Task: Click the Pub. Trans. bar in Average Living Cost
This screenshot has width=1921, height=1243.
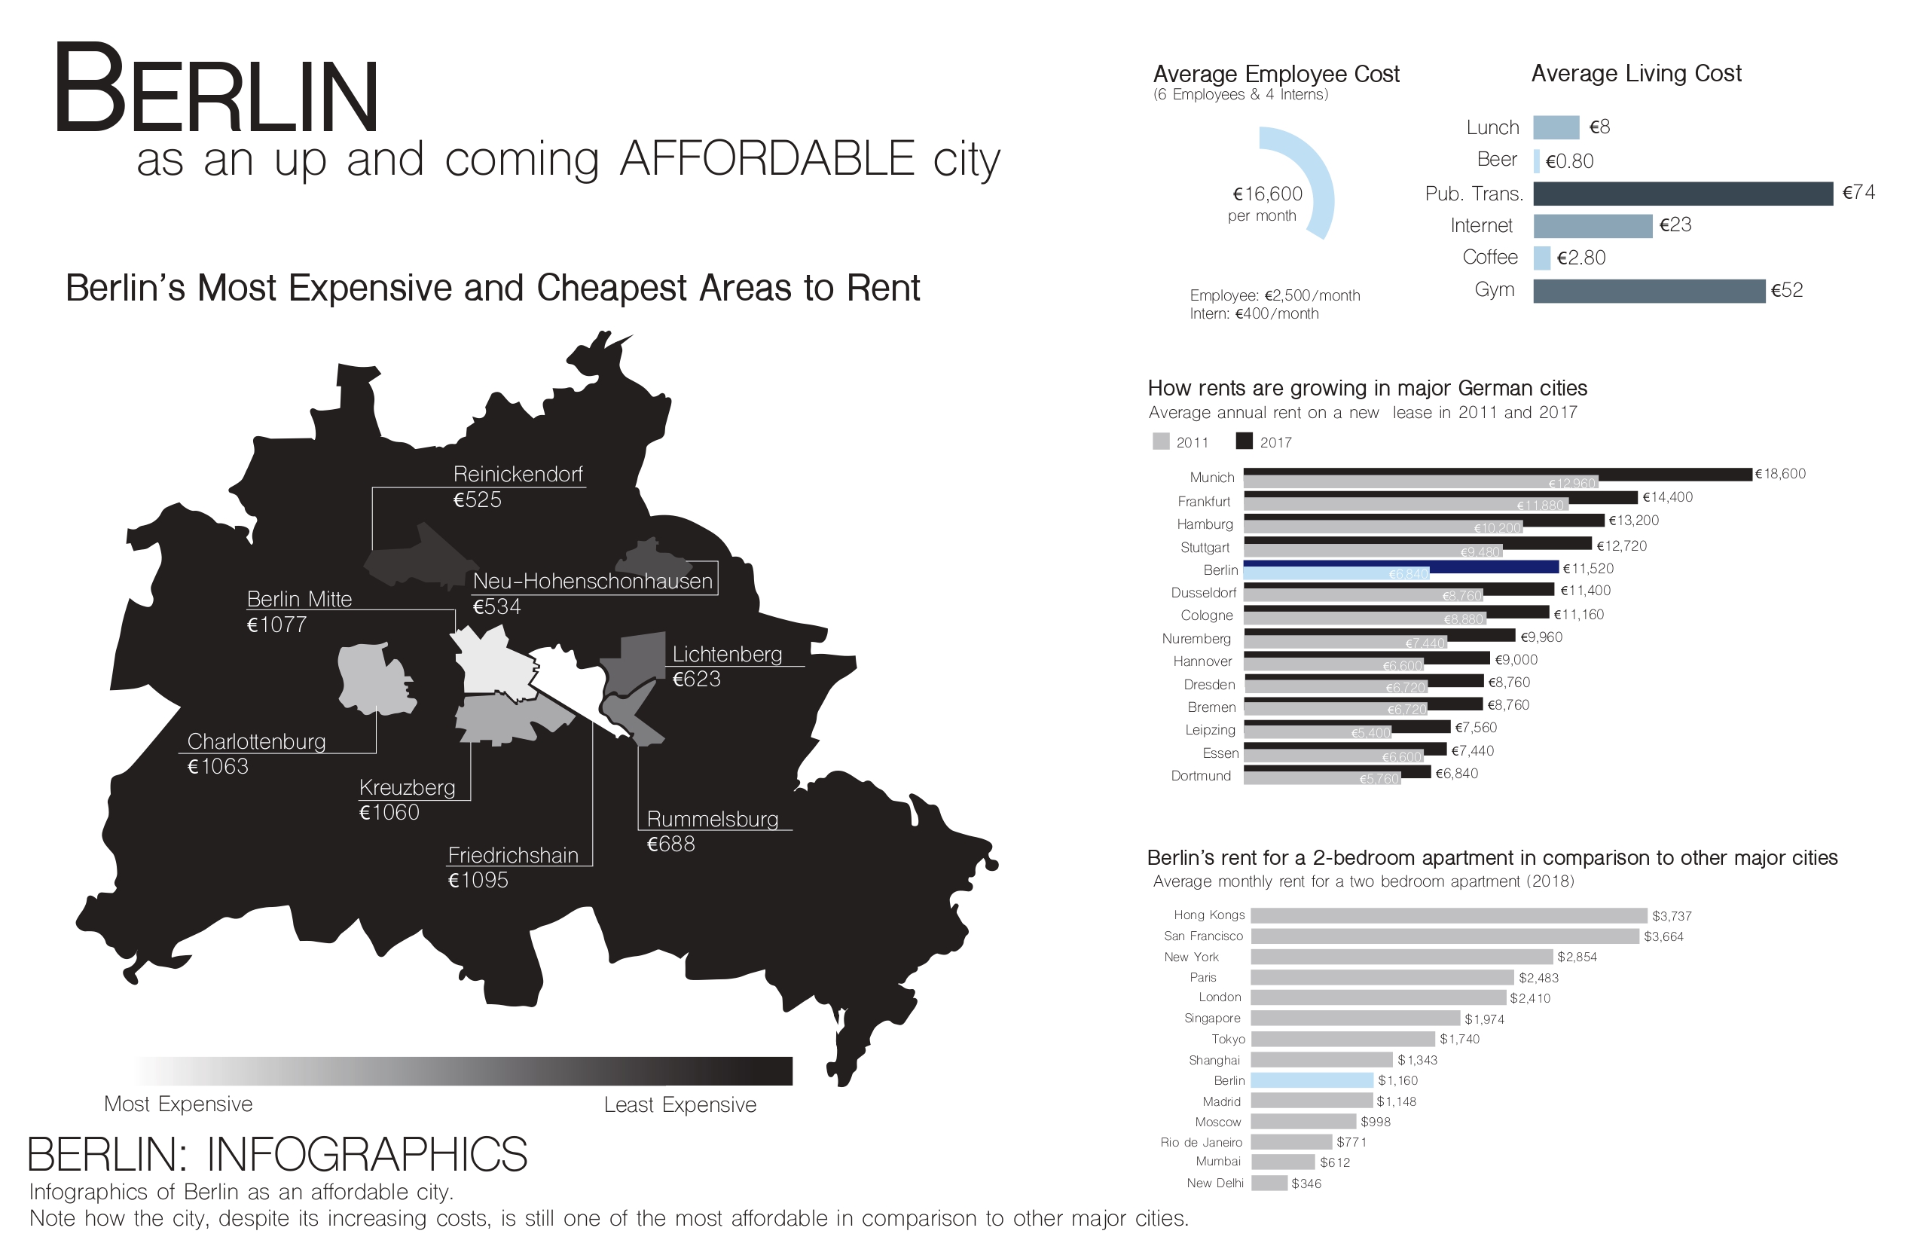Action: coord(1682,194)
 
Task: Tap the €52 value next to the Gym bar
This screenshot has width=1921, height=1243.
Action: coord(1786,291)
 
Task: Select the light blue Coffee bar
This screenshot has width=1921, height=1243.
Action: coord(1541,258)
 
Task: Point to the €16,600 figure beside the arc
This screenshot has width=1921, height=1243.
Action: coord(1267,194)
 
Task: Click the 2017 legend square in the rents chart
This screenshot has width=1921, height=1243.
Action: coord(1244,441)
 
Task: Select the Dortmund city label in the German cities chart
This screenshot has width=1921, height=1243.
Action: coord(1201,776)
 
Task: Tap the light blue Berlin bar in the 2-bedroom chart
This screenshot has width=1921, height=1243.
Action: coord(1312,1080)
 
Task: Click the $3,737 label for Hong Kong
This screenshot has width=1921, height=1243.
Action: coord(1672,916)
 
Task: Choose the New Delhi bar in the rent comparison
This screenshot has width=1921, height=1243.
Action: coord(1269,1183)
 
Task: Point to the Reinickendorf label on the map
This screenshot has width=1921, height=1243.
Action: coord(518,474)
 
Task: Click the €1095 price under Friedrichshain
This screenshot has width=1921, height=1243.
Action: coord(478,880)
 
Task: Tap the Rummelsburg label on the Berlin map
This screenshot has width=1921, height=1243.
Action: coord(712,820)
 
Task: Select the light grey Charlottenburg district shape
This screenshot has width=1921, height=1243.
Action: coord(371,678)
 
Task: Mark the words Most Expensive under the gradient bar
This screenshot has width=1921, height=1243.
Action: coord(179,1104)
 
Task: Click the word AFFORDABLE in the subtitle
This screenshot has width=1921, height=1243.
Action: coord(767,158)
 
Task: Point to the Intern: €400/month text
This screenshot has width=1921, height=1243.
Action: coord(1254,314)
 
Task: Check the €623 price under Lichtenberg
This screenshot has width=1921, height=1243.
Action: coord(697,679)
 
